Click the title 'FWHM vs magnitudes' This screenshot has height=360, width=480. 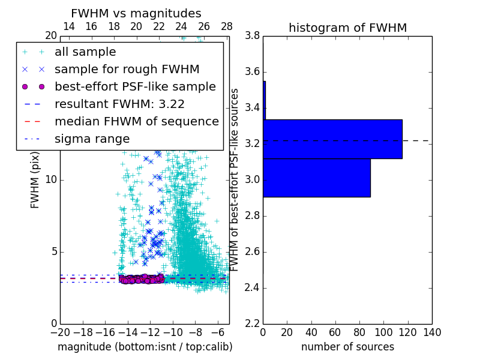coord(136,13)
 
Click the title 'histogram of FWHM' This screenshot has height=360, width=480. coord(347,28)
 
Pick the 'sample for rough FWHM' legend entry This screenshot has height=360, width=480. coord(127,70)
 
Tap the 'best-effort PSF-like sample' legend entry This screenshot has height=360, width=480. coord(135,86)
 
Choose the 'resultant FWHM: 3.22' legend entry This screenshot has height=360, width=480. coord(119,104)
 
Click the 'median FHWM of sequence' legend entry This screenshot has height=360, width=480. coord(137,121)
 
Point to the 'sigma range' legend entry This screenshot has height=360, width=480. coord(92,139)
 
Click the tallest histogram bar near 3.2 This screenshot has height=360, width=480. coord(332,139)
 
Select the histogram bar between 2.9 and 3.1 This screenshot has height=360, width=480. coord(316,178)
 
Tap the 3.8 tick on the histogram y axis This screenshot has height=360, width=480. coord(252,36)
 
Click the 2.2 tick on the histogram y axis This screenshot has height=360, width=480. coord(252,323)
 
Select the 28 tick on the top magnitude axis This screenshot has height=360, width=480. coord(227,26)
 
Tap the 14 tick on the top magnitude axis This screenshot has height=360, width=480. coord(69,26)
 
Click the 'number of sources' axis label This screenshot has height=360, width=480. coord(347,347)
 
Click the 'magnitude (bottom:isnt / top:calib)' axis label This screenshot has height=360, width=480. coord(145,347)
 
